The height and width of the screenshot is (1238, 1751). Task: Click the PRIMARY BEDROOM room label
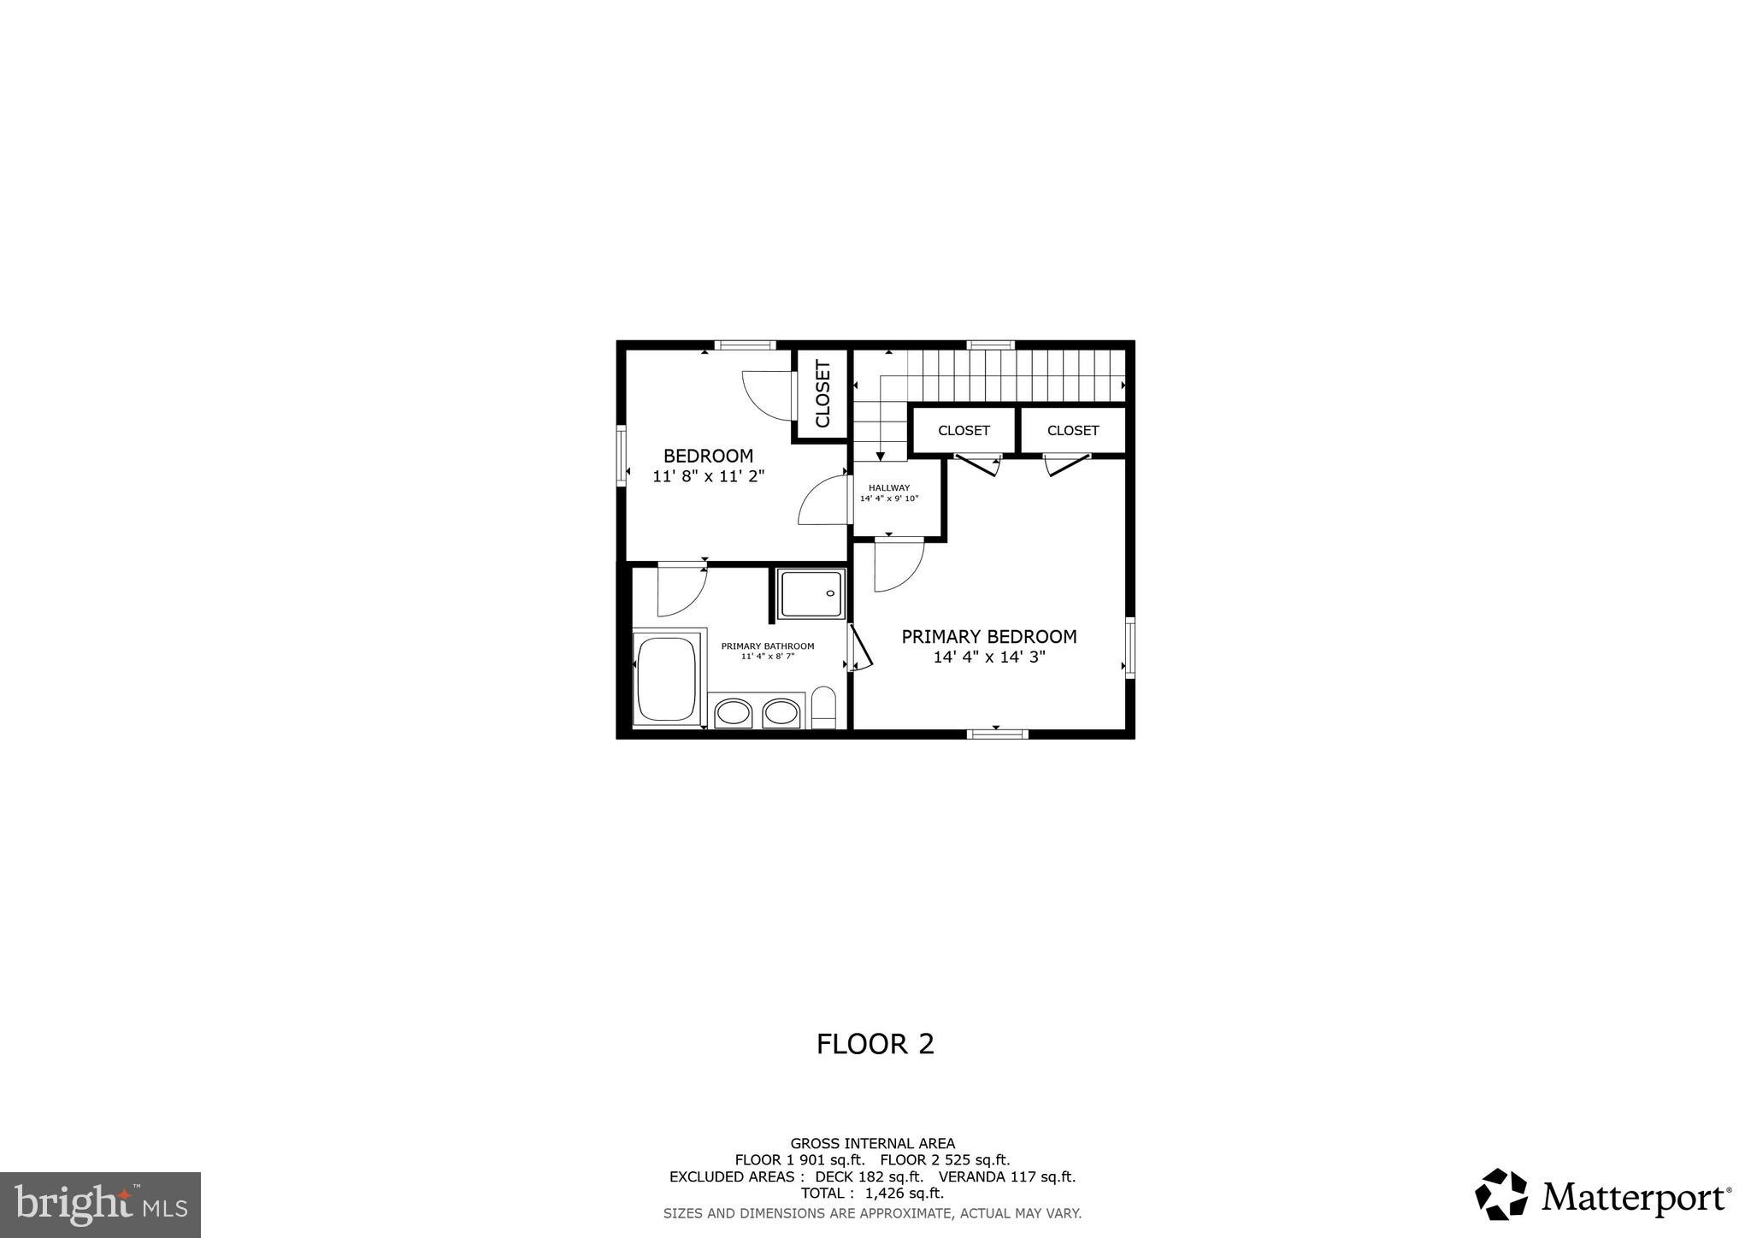pyautogui.click(x=989, y=637)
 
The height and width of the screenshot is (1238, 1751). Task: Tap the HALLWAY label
pyautogui.click(x=889, y=488)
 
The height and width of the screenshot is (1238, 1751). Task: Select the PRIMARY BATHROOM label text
pyautogui.click(x=767, y=646)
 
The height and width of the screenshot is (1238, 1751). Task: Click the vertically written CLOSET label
pyautogui.click(x=822, y=393)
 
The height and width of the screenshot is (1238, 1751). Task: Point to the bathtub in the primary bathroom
pyautogui.click(x=667, y=679)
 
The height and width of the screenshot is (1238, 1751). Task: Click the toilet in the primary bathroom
pyautogui.click(x=824, y=708)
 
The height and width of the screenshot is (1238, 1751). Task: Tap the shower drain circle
pyautogui.click(x=830, y=593)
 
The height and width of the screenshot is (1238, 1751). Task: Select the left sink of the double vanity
pyautogui.click(x=733, y=712)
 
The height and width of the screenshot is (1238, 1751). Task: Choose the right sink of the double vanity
pyautogui.click(x=781, y=712)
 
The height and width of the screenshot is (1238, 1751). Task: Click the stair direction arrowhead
pyautogui.click(x=881, y=457)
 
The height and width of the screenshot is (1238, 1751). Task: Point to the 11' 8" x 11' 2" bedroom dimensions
pyautogui.click(x=708, y=477)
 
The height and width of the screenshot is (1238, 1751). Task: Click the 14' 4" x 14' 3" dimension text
pyautogui.click(x=989, y=657)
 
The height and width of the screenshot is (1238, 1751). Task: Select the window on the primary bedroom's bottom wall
pyautogui.click(x=997, y=733)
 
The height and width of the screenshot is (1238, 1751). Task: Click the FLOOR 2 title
pyautogui.click(x=875, y=1044)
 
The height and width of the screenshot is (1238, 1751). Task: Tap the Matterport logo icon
pyautogui.click(x=1501, y=1194)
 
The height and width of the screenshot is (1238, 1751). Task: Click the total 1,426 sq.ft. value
pyautogui.click(x=904, y=1194)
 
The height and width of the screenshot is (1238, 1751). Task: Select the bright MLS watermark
pyautogui.click(x=100, y=1205)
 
